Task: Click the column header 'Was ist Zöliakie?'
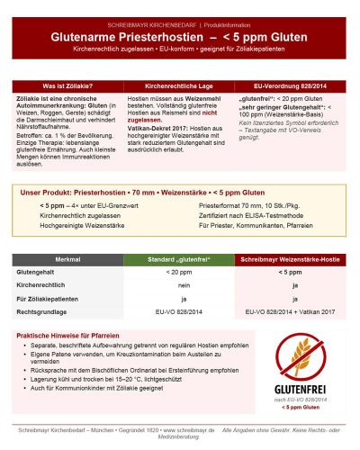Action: (x=68, y=85)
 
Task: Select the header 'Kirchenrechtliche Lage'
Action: (x=180, y=85)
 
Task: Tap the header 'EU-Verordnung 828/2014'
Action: (x=291, y=85)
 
